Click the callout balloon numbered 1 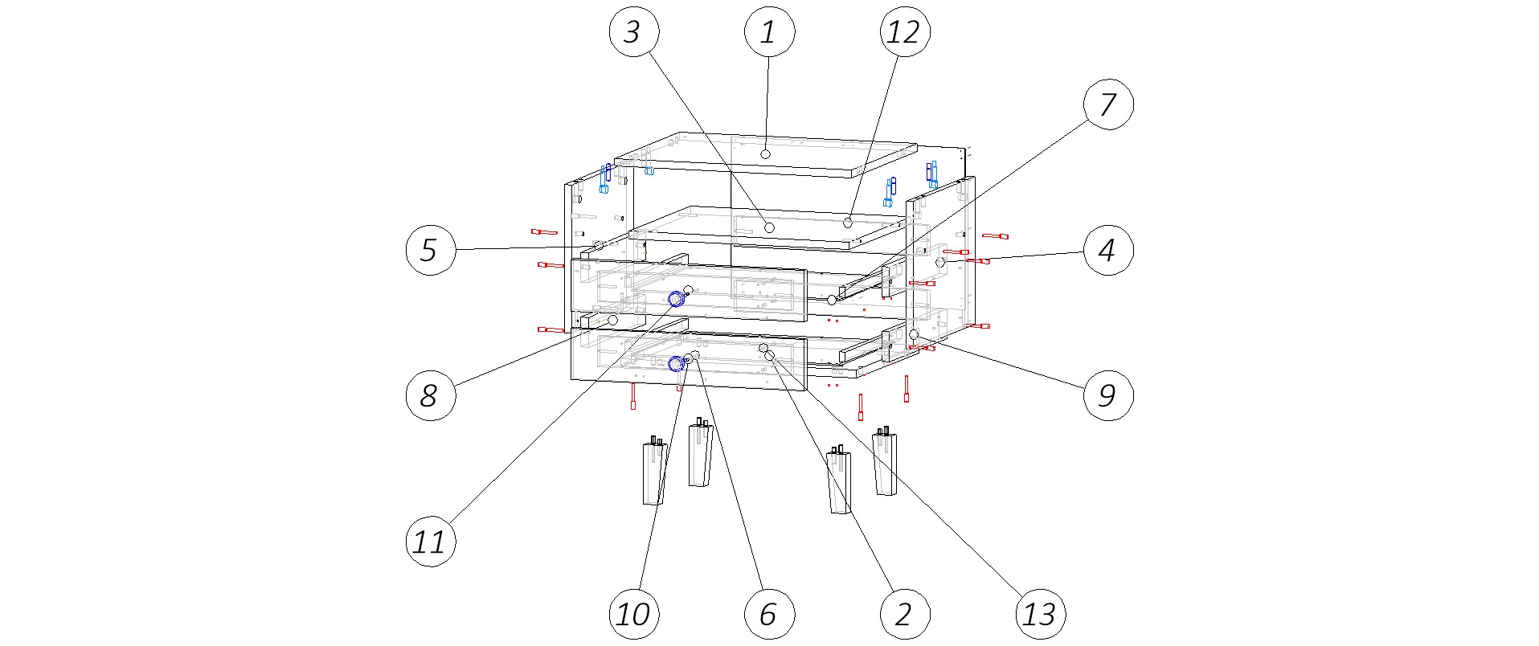[x=769, y=32]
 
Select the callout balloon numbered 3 [x=634, y=32]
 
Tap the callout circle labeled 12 [x=904, y=32]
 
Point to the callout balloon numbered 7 [x=1108, y=104]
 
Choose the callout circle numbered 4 [x=1108, y=250]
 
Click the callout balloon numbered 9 [x=1108, y=395]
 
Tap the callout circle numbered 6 [x=769, y=615]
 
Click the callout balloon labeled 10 [x=634, y=615]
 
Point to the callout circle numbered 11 [x=431, y=542]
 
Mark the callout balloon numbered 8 [x=431, y=395]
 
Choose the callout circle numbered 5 [x=431, y=250]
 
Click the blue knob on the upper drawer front [x=677, y=300]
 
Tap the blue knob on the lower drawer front [x=677, y=364]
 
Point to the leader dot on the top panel [x=766, y=153]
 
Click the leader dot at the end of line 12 [x=848, y=221]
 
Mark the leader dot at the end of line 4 [x=940, y=262]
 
